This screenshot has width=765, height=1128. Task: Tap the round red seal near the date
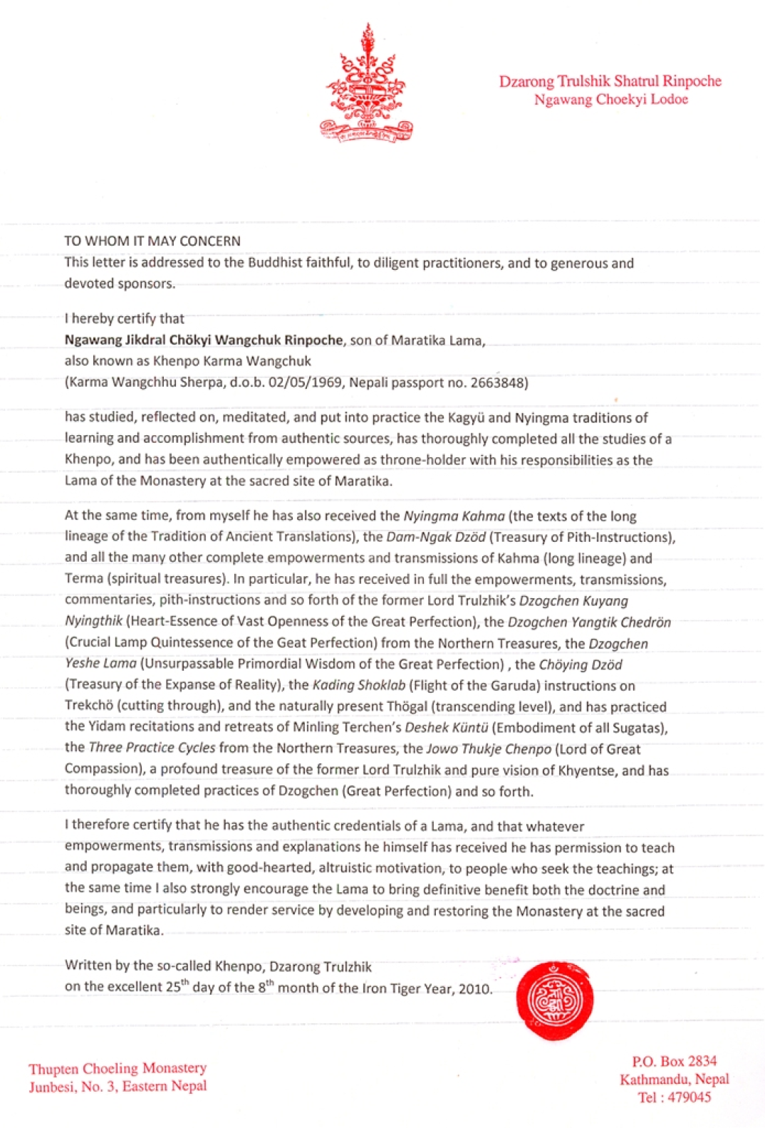(x=554, y=1000)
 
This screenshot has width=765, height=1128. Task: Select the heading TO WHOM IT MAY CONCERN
(x=152, y=241)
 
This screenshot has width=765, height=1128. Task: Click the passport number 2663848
(x=498, y=382)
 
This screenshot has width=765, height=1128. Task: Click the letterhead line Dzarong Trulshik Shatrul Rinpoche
(x=610, y=81)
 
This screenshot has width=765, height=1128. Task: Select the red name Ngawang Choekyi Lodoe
(x=611, y=100)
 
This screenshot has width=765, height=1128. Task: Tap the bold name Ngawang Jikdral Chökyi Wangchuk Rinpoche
(x=204, y=340)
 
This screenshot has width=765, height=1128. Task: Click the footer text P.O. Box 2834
(x=674, y=1061)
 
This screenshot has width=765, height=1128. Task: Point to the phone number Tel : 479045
(x=674, y=1097)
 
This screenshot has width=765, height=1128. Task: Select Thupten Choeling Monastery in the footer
(x=118, y=1068)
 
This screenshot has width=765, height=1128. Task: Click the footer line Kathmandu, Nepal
(x=674, y=1079)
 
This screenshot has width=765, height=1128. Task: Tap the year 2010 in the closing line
(x=475, y=988)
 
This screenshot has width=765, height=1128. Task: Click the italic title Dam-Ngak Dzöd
(x=436, y=537)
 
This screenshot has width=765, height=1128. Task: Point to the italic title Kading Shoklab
(x=359, y=686)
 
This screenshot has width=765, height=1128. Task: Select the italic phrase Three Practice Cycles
(x=152, y=748)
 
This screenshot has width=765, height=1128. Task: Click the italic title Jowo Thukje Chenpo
(x=489, y=749)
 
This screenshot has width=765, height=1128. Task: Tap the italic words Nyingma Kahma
(x=454, y=516)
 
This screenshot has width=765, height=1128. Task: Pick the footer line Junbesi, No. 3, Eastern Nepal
(x=118, y=1087)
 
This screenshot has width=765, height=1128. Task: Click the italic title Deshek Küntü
(x=446, y=728)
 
